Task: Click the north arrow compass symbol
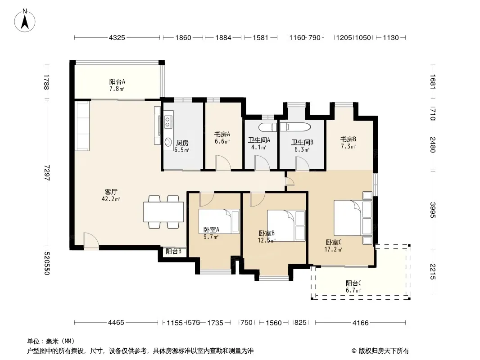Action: pyautogui.click(x=25, y=21)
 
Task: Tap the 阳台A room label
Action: pyautogui.click(x=117, y=81)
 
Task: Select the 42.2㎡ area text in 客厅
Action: pyautogui.click(x=111, y=199)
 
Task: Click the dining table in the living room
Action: pyautogui.click(x=163, y=212)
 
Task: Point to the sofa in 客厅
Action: pyautogui.click(x=82, y=126)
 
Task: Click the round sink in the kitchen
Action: pyautogui.click(x=168, y=142)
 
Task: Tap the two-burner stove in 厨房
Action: pyautogui.click(x=168, y=122)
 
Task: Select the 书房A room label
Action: pyautogui.click(x=222, y=134)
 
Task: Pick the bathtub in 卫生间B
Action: pyautogui.click(x=295, y=127)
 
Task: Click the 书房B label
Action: pyautogui.click(x=348, y=139)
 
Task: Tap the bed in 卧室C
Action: pyautogui.click(x=353, y=218)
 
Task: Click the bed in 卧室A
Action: pyautogui.click(x=219, y=221)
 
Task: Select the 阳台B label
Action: pyautogui.click(x=173, y=252)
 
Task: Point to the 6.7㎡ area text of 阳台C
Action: pyautogui.click(x=353, y=290)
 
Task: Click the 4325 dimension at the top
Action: pyautogui.click(x=117, y=38)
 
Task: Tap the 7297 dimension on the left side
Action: pyautogui.click(x=46, y=173)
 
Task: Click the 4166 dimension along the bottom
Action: pyautogui.click(x=361, y=323)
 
